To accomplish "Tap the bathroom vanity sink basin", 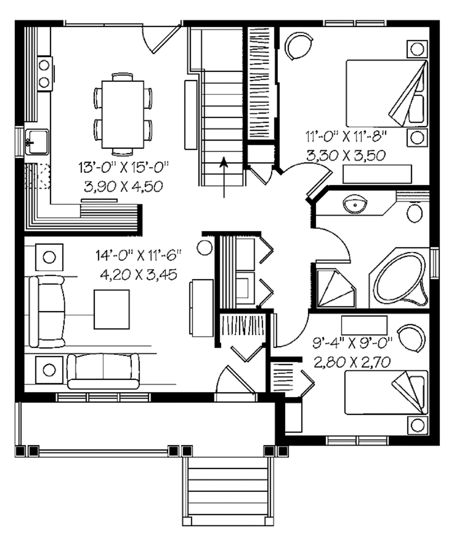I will click(x=356, y=205).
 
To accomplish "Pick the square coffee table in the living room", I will click(x=111, y=309).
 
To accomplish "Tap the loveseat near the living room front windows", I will click(x=103, y=371).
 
